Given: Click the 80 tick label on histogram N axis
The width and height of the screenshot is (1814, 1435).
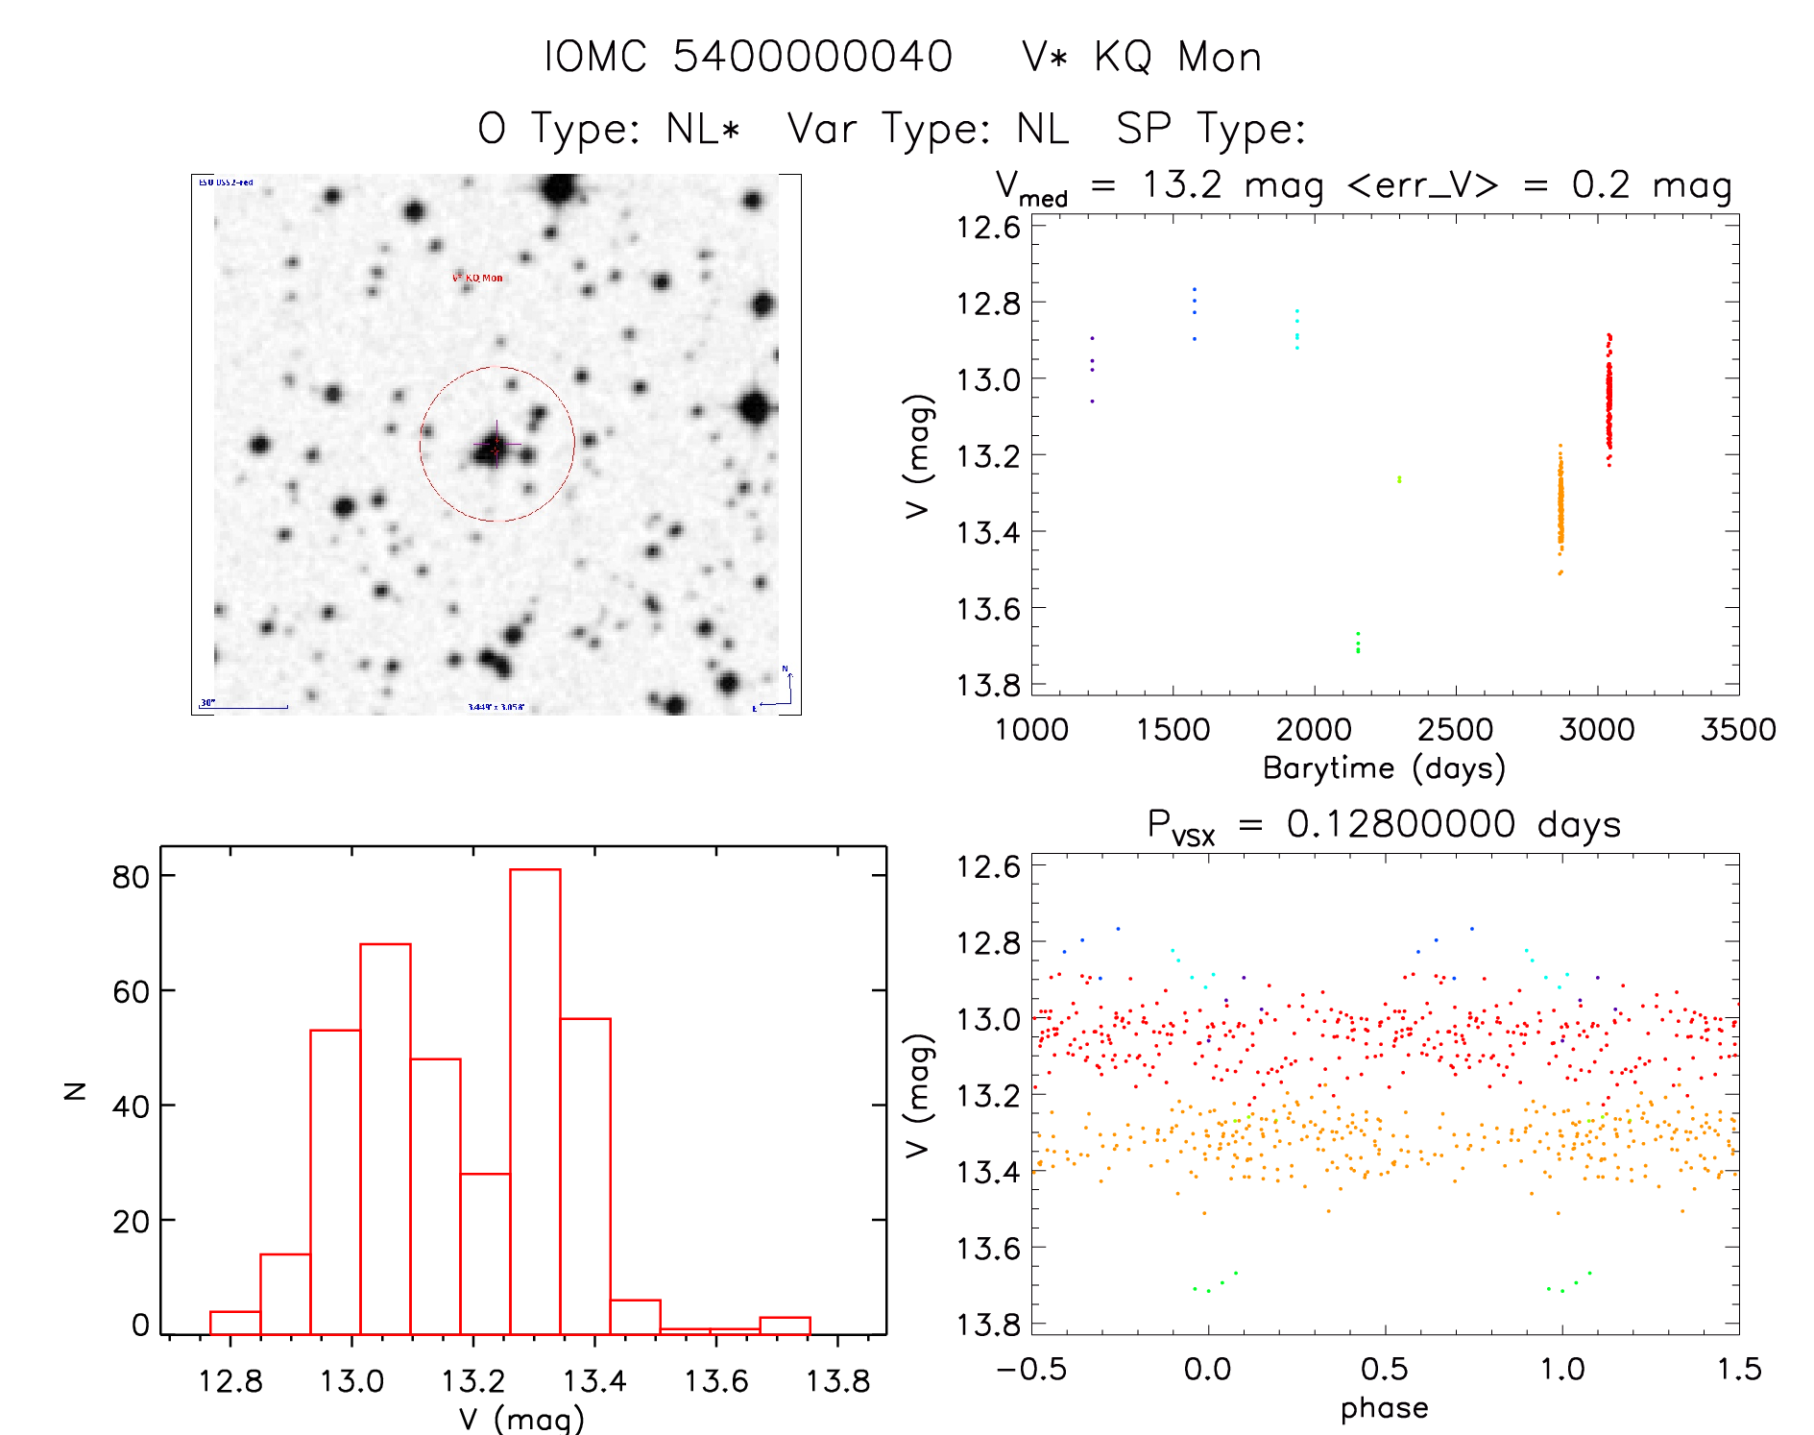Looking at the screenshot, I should [x=131, y=877].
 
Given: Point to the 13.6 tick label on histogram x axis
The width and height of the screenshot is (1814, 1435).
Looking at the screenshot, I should [x=715, y=1381].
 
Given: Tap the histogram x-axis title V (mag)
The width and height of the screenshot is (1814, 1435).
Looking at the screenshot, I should [x=521, y=1419].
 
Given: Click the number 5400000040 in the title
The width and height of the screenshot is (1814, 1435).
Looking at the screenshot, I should [x=811, y=57].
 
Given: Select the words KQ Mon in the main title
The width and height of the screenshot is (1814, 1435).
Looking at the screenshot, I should [x=1177, y=58].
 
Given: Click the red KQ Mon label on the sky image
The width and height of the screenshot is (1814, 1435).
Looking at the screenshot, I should [x=478, y=278].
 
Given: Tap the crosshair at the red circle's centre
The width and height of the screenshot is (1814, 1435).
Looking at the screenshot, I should [x=496, y=445].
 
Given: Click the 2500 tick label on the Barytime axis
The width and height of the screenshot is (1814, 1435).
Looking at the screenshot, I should [x=1455, y=730].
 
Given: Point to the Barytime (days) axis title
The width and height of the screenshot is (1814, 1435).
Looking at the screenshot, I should [x=1384, y=768].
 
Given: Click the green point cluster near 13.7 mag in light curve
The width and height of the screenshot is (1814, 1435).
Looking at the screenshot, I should [x=1358, y=643].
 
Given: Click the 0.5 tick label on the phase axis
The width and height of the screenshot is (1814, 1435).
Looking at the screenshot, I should [x=1385, y=1370].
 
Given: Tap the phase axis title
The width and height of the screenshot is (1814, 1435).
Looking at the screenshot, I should [x=1384, y=1408].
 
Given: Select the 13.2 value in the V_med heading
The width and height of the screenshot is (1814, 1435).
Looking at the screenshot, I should [x=1182, y=184].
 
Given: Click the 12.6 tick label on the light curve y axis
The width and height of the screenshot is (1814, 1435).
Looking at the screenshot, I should [x=988, y=228].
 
